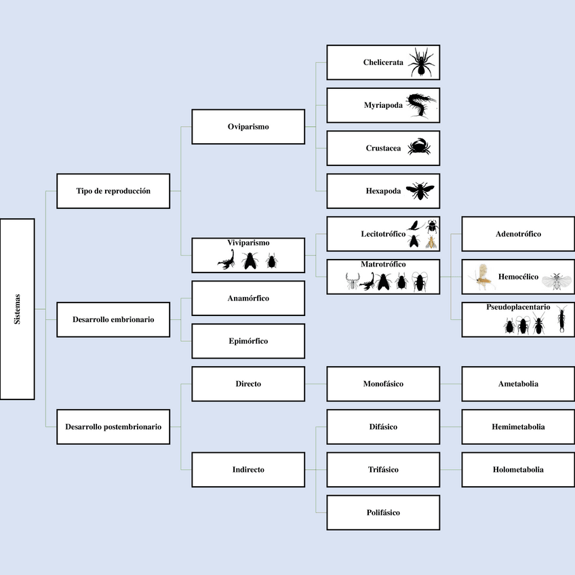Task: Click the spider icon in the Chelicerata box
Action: click(421, 62)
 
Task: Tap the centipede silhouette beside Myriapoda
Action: click(422, 105)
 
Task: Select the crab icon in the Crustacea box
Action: click(419, 147)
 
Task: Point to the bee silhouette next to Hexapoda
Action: click(420, 191)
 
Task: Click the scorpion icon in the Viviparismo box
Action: click(227, 260)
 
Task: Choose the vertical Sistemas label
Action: click(18, 309)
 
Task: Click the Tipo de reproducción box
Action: click(113, 191)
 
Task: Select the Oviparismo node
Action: click(248, 126)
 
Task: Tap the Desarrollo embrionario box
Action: click(113, 319)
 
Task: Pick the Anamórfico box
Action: click(248, 298)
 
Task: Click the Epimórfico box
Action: click(248, 341)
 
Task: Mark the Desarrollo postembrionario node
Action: click(113, 427)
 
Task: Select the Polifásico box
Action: click(383, 513)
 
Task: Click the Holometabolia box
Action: click(518, 469)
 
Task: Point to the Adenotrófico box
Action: click(518, 234)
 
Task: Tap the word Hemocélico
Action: click(518, 277)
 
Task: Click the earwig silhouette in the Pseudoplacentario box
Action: click(561, 320)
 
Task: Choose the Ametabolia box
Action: click(518, 384)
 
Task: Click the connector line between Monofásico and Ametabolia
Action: click(451, 384)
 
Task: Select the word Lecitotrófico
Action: click(383, 234)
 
